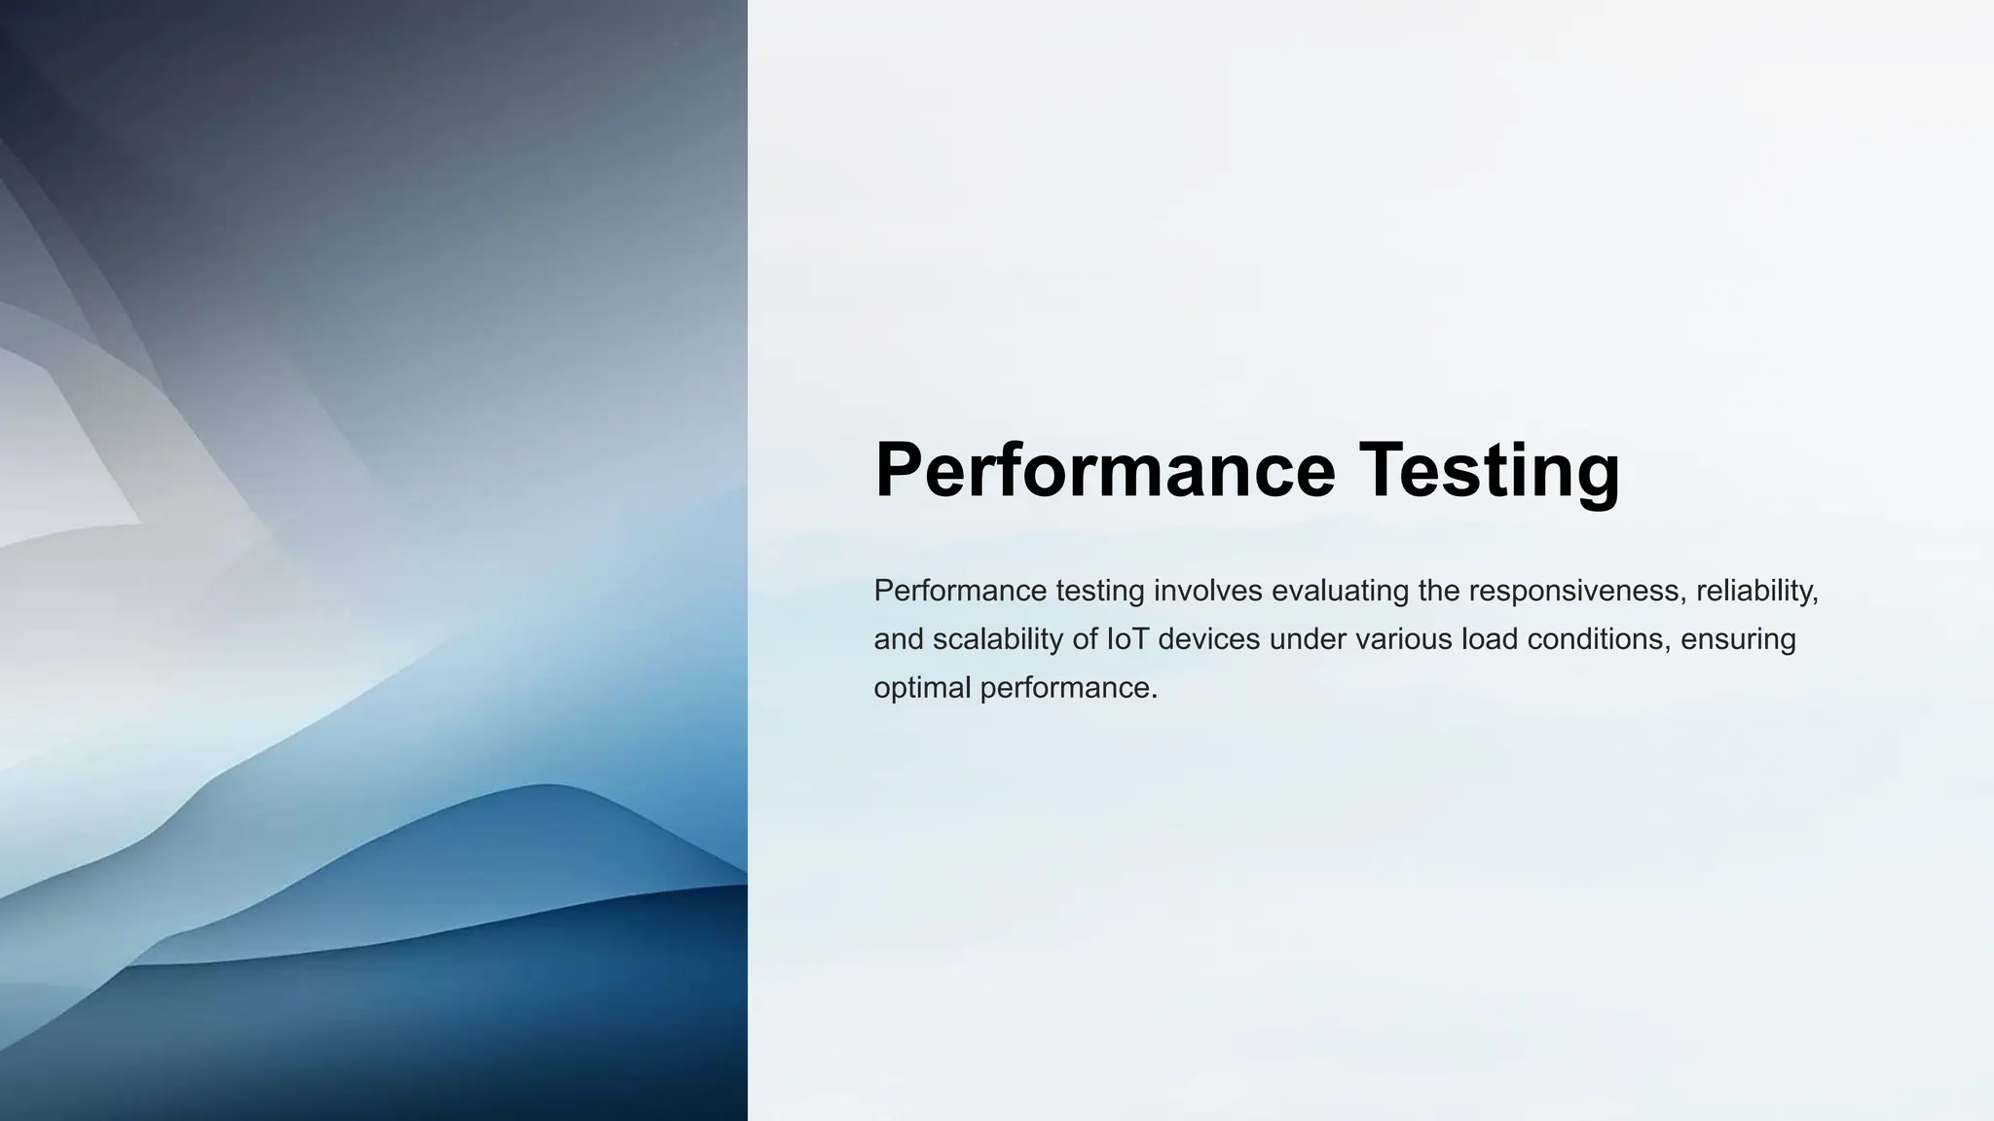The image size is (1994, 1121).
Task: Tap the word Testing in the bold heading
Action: click(x=1490, y=470)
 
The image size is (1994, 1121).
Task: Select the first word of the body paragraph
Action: click(x=960, y=591)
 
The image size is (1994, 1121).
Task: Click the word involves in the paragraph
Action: click(x=1207, y=591)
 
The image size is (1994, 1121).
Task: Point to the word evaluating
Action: click(x=1340, y=591)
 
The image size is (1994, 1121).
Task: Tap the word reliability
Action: click(x=1756, y=591)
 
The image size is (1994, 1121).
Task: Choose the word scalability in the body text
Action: click(x=998, y=639)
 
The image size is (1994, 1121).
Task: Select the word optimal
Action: click(x=922, y=688)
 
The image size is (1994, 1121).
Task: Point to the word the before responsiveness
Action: click(x=1439, y=591)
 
